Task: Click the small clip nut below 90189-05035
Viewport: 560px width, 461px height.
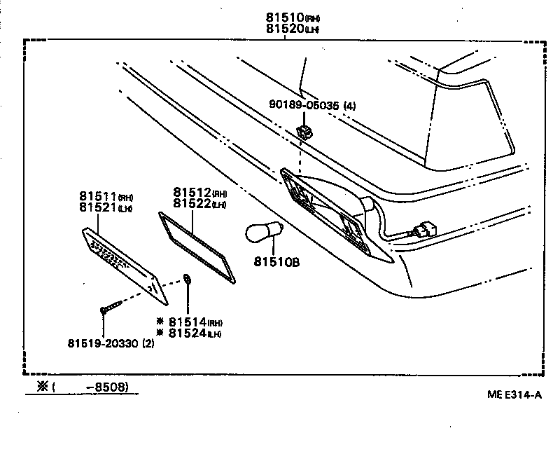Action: click(304, 130)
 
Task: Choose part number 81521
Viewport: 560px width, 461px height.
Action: click(99, 209)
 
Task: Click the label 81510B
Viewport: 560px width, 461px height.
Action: click(276, 263)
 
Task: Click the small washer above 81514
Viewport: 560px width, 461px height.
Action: click(188, 280)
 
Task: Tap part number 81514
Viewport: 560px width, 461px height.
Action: click(188, 322)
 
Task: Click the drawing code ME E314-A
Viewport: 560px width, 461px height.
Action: click(514, 394)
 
